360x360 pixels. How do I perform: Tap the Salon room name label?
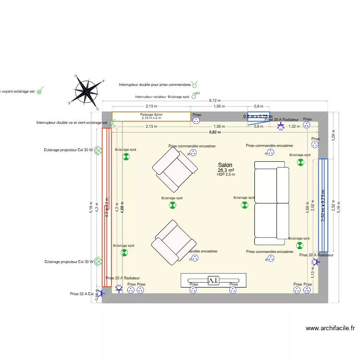[x=225, y=165]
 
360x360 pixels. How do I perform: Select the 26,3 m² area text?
[x=226, y=170]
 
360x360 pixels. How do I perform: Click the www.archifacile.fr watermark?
[x=330, y=328]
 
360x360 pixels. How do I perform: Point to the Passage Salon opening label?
[x=151, y=115]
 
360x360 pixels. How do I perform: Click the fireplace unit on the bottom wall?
[x=213, y=280]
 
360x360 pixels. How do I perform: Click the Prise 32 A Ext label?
[x=82, y=294]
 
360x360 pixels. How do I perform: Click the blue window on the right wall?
[x=323, y=205]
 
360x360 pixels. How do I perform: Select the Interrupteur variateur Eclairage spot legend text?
[x=162, y=97]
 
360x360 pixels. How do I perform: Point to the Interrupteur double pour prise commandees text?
[x=155, y=85]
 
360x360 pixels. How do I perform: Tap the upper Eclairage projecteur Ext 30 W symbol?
[x=98, y=150]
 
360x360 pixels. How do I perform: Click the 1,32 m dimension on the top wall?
[x=294, y=127]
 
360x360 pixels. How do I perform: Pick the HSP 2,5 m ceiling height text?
[x=226, y=175]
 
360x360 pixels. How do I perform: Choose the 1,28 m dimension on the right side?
[x=333, y=136]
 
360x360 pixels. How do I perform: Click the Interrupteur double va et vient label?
[x=72, y=123]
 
